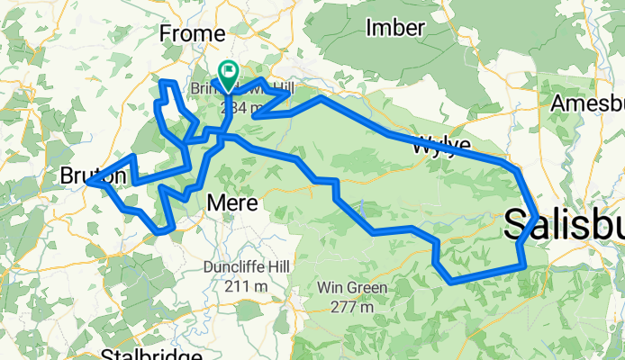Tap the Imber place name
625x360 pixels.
point(395,28)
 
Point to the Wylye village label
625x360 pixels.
point(441,144)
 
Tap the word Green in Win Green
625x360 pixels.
point(368,289)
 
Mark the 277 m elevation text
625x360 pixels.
point(352,307)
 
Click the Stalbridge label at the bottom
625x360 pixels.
point(149,354)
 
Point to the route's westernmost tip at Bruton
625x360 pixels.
point(88,182)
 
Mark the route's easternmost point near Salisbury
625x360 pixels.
point(538,217)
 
